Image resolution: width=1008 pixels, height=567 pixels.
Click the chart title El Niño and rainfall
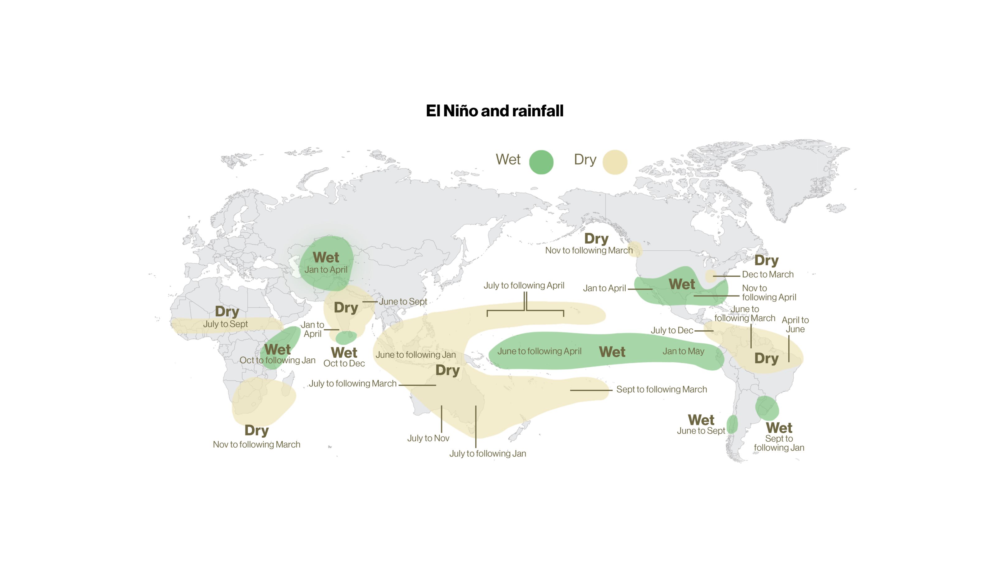[x=494, y=111]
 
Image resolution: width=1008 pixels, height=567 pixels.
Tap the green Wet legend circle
[x=541, y=162]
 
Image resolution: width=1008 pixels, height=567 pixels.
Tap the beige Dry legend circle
[x=614, y=162]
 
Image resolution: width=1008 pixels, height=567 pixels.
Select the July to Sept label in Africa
[x=225, y=324]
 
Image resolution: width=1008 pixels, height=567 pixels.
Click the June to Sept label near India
[x=403, y=302]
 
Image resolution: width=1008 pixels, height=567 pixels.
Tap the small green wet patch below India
[x=346, y=337]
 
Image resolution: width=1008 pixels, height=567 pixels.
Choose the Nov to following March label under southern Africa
[x=256, y=444]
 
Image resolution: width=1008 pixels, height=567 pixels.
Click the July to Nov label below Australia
[x=428, y=438]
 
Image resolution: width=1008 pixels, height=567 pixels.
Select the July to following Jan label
[x=487, y=453]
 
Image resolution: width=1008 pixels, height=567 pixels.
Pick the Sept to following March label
[x=661, y=389]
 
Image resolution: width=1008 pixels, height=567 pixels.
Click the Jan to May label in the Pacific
[x=683, y=351]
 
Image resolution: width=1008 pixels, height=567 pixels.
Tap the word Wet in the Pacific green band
[x=612, y=352]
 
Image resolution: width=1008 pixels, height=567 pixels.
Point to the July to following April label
[x=524, y=286]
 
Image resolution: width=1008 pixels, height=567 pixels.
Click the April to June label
[x=795, y=325]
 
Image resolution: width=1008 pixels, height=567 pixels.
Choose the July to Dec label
[x=671, y=331]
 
